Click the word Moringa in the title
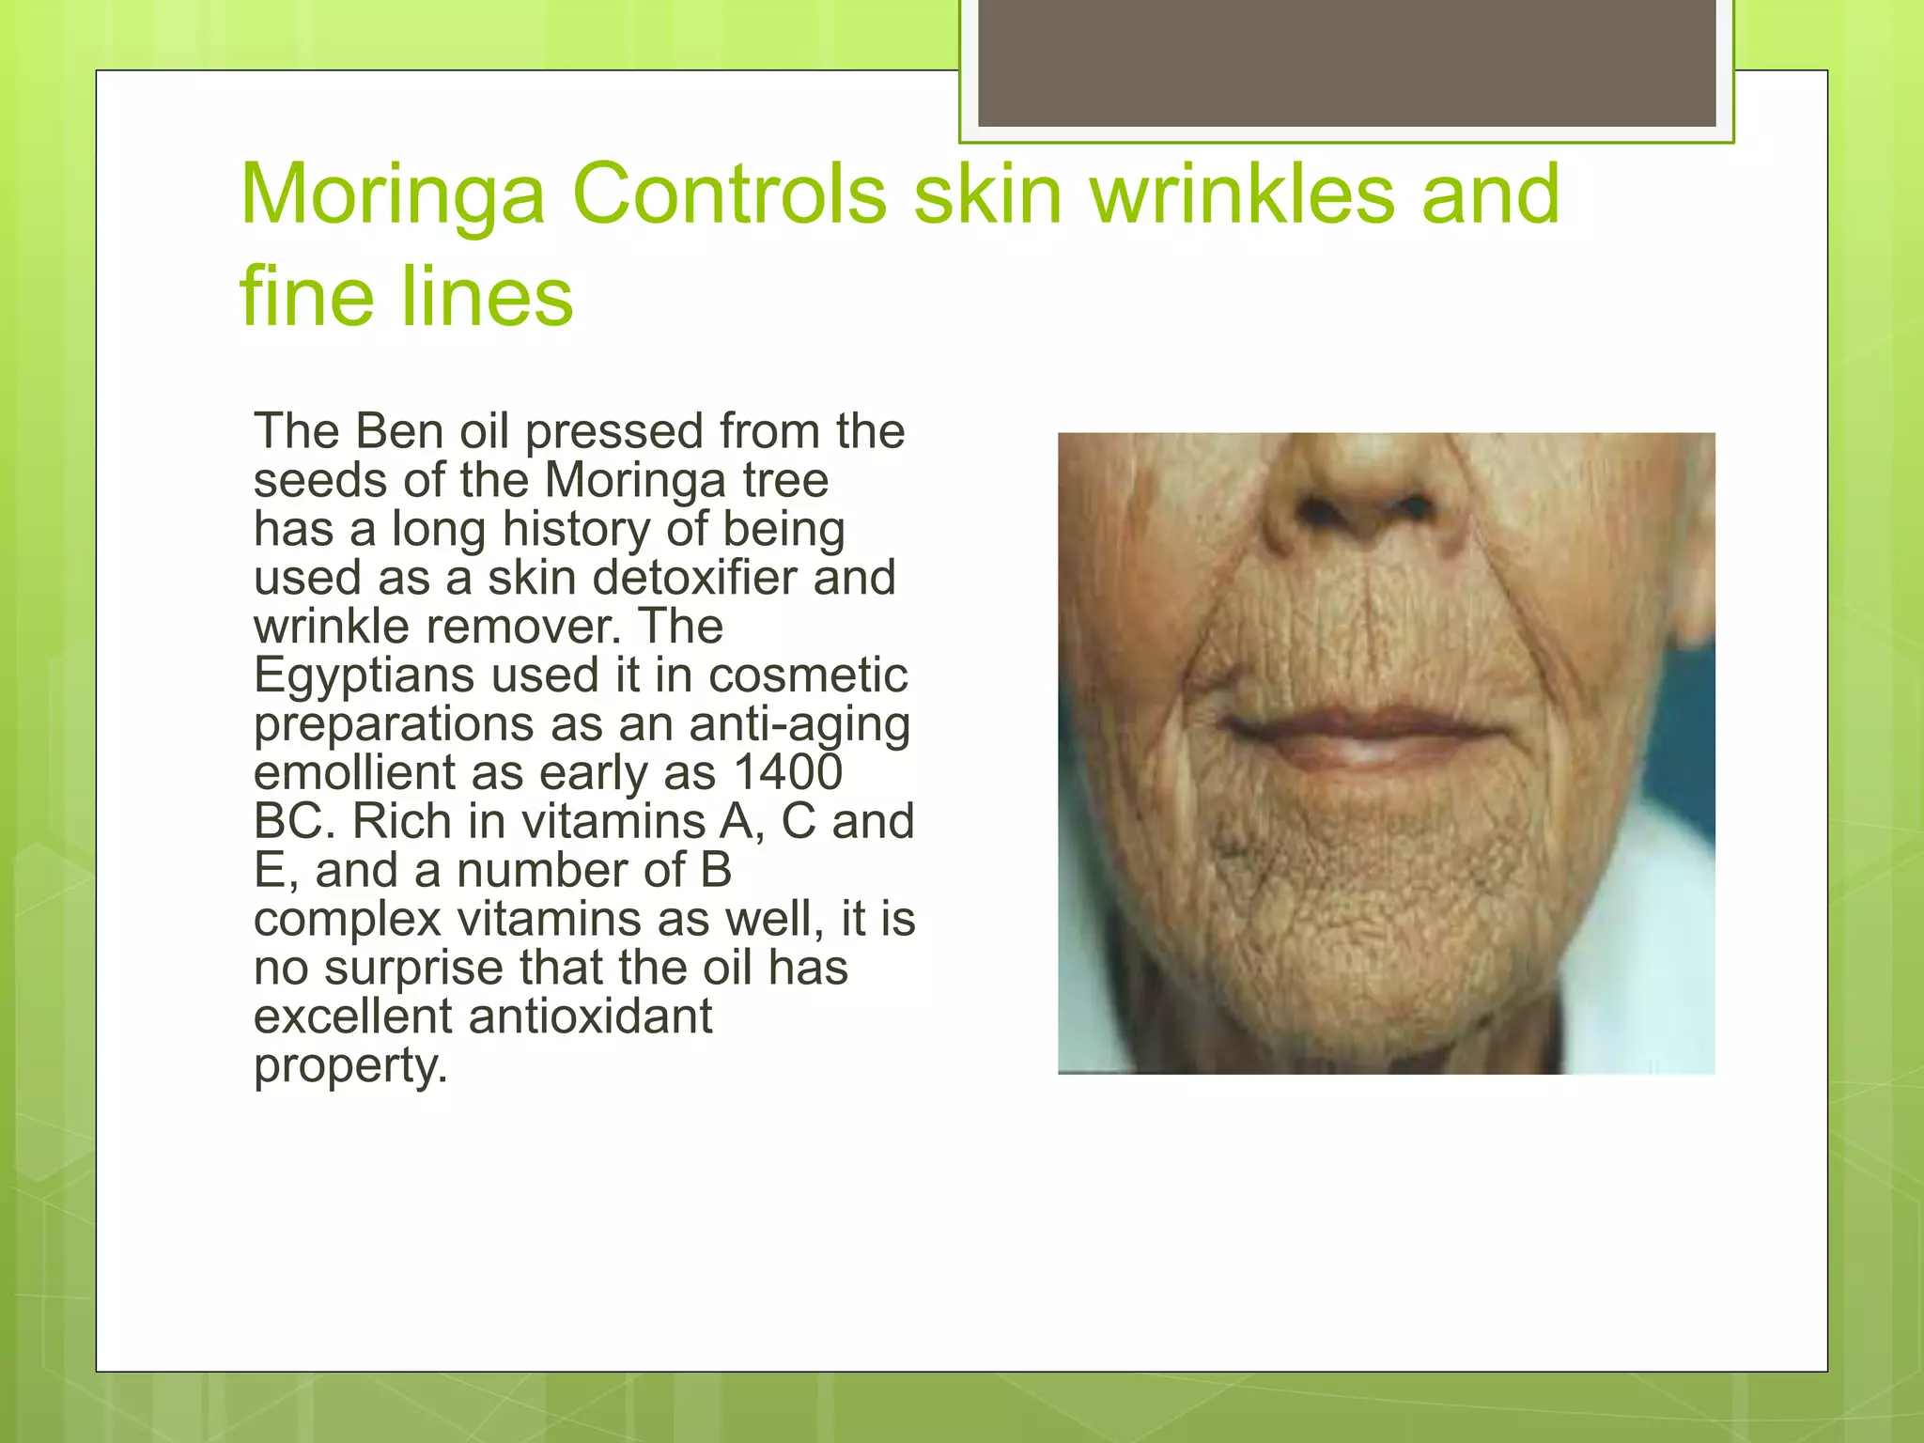tap(393, 195)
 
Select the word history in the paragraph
tap(576, 529)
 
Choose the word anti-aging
tap(799, 724)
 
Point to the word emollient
tap(354, 773)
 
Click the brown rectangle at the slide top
tap(1346, 63)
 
